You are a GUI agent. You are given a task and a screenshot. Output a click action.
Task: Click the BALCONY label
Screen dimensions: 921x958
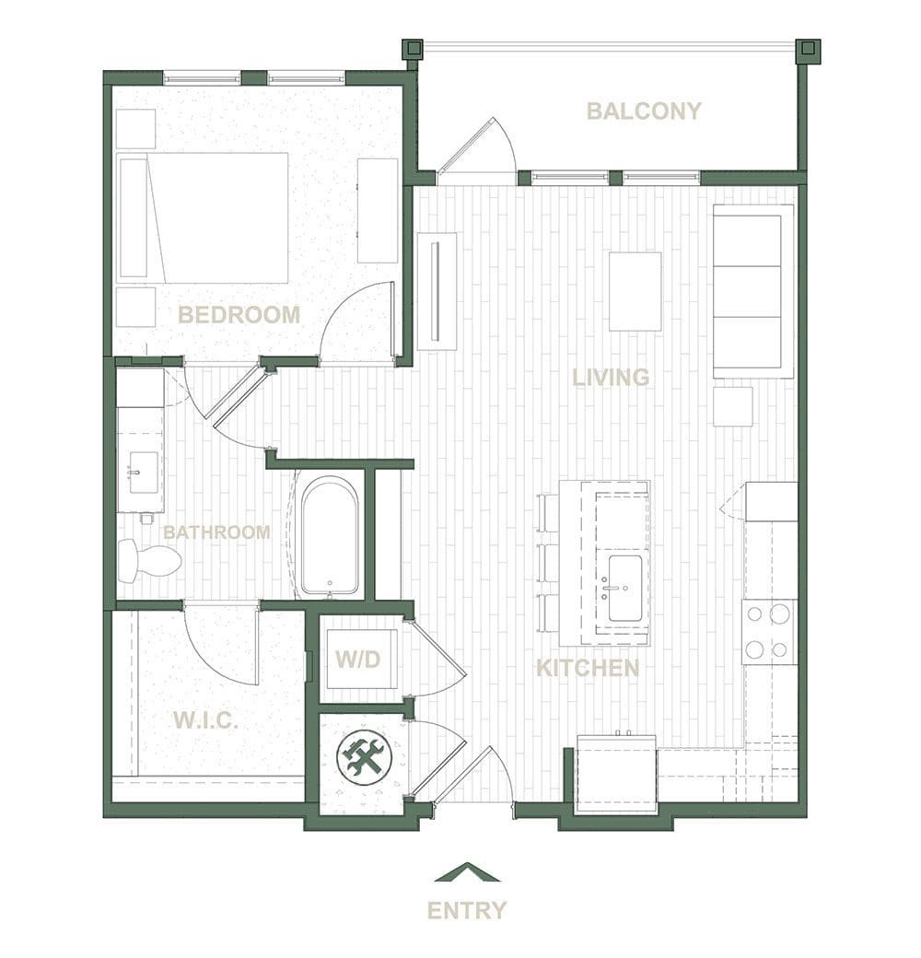[644, 111]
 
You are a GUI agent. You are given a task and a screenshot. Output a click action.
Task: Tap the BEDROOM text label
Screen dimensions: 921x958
[239, 315]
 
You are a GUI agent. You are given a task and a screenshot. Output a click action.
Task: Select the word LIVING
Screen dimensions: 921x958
[611, 378]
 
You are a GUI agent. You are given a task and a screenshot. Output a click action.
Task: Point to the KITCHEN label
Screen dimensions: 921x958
[588, 668]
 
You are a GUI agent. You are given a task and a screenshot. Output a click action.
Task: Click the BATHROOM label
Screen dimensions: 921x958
[216, 532]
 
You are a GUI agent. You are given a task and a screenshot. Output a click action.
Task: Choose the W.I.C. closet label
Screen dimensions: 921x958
[205, 721]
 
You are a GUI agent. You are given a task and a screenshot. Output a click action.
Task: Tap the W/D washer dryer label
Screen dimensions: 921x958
[358, 660]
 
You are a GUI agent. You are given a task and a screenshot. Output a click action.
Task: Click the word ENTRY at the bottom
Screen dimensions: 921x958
[467, 911]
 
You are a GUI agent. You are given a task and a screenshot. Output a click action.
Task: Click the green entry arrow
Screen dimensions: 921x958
[467, 871]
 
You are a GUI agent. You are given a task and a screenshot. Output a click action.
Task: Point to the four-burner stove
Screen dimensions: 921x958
[770, 632]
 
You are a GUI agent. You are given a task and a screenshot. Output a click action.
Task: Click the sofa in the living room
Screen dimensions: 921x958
[753, 291]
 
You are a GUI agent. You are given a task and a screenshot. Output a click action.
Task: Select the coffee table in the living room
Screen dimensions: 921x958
[635, 291]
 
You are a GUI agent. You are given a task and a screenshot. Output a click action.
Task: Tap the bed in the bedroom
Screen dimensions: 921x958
[204, 218]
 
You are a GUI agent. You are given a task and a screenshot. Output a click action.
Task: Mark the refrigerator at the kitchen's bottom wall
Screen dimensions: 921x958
[617, 774]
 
